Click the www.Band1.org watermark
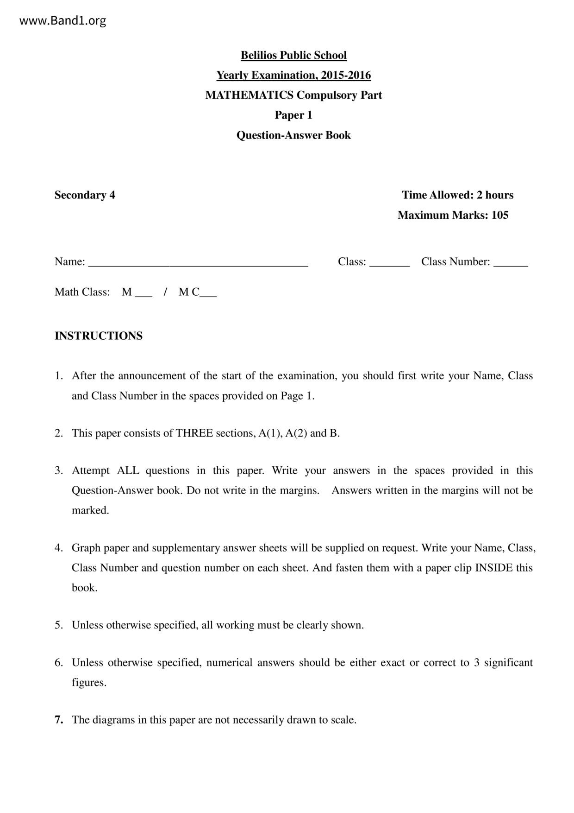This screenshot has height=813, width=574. [62, 20]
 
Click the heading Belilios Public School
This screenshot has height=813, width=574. [293, 55]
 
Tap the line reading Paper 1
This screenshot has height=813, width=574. [293, 115]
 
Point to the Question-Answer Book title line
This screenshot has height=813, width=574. [293, 135]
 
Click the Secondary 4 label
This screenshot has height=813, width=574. [85, 195]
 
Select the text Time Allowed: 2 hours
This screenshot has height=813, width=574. [457, 195]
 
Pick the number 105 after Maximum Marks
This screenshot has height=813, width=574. [500, 215]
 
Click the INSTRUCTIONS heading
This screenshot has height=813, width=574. [99, 336]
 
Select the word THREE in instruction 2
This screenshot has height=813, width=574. [194, 433]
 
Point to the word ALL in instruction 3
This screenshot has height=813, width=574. [128, 470]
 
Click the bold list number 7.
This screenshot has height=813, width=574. [59, 720]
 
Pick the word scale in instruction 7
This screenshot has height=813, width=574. [343, 720]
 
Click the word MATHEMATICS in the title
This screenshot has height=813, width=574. [249, 95]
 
